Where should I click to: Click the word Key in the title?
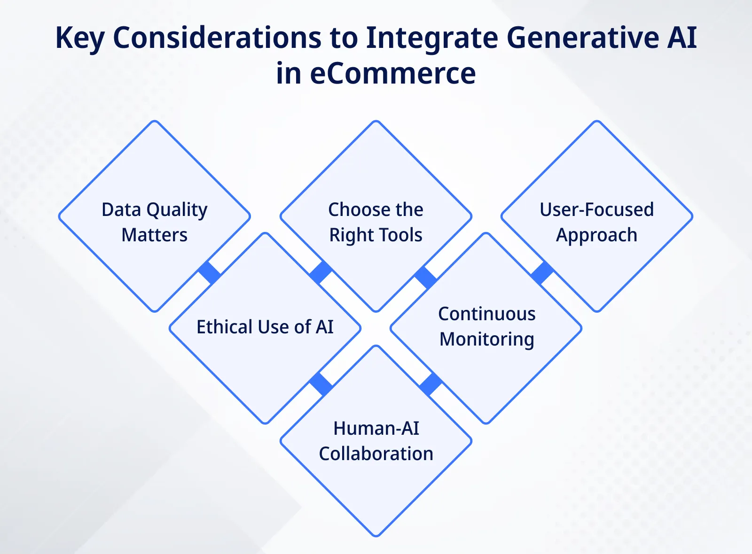79,38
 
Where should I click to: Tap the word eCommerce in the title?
392,74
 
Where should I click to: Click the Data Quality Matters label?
154,222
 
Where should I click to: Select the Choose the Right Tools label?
376,222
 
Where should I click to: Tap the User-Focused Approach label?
596,222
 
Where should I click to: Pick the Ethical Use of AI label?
265,327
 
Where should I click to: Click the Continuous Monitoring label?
486,326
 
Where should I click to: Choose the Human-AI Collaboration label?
376,441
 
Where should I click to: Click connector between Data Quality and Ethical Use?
210,273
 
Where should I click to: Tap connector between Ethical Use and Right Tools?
321,273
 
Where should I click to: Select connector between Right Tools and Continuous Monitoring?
426,277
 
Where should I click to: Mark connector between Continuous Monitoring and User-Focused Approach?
542,273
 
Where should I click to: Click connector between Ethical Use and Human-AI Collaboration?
321,385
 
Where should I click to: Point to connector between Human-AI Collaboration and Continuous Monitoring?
431,385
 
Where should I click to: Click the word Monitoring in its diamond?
486,339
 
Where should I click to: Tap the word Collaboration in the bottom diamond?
376,454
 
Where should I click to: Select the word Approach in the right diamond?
596,235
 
